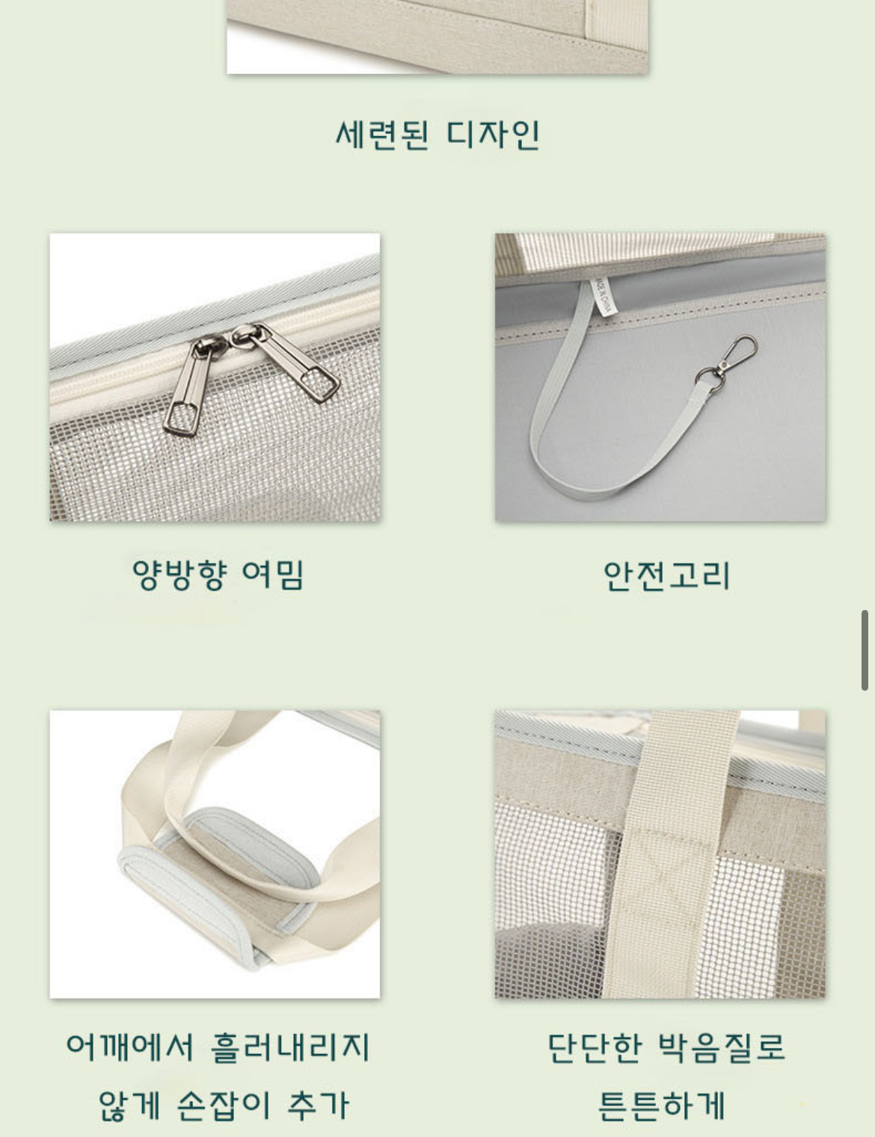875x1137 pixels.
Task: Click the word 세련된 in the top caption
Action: click(x=382, y=135)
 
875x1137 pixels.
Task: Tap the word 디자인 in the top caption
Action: click(x=492, y=135)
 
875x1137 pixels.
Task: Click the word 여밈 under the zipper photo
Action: click(x=273, y=575)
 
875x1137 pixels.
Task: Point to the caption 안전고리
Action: click(x=666, y=576)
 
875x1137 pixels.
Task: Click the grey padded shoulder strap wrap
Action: click(x=220, y=884)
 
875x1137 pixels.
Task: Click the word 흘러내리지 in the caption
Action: click(x=290, y=1047)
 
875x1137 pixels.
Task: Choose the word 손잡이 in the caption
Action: click(x=224, y=1105)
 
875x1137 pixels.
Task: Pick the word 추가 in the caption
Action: click(x=318, y=1105)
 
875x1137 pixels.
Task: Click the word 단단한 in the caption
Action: click(x=595, y=1047)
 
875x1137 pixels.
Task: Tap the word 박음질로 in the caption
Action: click(x=721, y=1047)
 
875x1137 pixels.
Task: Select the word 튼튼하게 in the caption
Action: click(x=661, y=1105)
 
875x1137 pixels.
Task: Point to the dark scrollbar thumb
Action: click(x=865, y=650)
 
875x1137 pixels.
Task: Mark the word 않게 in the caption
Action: click(x=129, y=1105)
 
